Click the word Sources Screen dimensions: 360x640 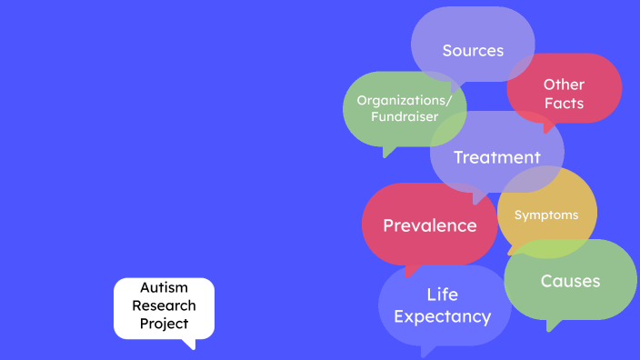click(x=473, y=50)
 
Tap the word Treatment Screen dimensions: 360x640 click(x=496, y=157)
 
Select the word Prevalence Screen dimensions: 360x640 click(x=429, y=225)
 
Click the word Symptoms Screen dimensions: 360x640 click(x=546, y=215)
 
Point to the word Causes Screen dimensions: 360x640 click(x=570, y=281)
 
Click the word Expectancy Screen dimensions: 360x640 click(x=442, y=316)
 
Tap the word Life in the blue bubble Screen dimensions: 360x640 click(x=442, y=295)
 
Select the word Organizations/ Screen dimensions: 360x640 click(x=405, y=100)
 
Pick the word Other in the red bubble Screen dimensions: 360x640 click(x=564, y=84)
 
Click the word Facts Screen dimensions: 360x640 click(x=564, y=103)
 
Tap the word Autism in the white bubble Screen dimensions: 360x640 click(x=164, y=288)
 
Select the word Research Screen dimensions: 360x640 click(x=164, y=305)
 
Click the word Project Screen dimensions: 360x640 click(x=164, y=323)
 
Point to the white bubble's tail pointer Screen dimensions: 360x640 click(x=188, y=343)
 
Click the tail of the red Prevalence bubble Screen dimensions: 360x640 click(x=411, y=269)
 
